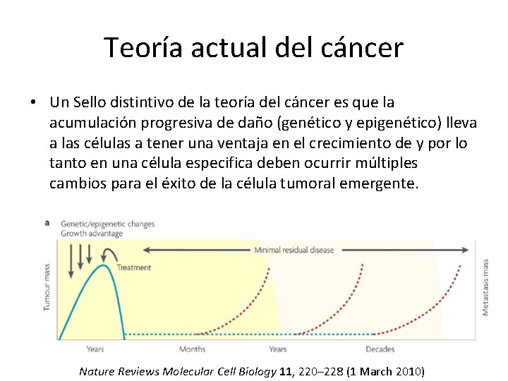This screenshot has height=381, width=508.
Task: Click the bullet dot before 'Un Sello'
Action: click(x=33, y=103)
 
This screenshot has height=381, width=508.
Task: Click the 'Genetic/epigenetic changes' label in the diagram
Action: click(x=107, y=224)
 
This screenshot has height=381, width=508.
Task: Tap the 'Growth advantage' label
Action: click(x=92, y=234)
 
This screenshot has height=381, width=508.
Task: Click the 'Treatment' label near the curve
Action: click(x=133, y=268)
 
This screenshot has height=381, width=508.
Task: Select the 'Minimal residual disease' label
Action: click(x=295, y=250)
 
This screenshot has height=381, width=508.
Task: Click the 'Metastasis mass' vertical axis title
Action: click(x=485, y=287)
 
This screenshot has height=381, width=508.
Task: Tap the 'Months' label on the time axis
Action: click(x=192, y=349)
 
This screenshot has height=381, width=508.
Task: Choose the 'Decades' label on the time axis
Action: click(x=380, y=349)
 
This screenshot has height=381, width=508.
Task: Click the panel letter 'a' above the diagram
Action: click(x=47, y=222)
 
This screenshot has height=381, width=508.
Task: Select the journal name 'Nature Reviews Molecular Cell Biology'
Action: click(x=176, y=371)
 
